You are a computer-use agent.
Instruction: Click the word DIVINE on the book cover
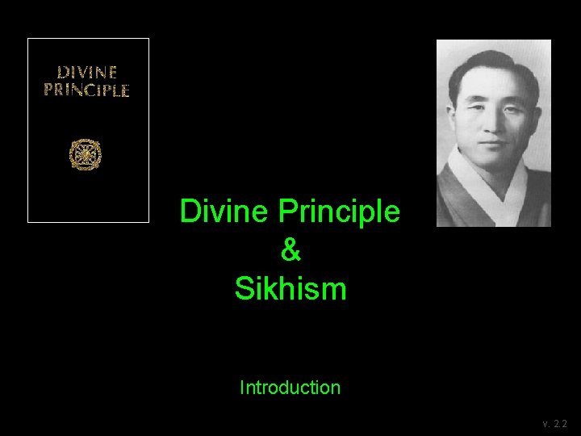coord(86,73)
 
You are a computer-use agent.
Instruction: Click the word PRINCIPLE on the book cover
coord(86,90)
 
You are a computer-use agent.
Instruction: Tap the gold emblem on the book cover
coord(85,153)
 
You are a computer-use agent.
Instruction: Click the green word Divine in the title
coord(225,212)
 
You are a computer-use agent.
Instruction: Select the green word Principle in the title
coord(339,212)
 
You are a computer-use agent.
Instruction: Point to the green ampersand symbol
coord(290,250)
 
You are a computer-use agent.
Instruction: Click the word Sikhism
coord(290,288)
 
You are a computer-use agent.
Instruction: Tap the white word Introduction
coord(290,388)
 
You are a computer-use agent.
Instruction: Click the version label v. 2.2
coord(555,424)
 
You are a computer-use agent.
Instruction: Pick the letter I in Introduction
coord(242,388)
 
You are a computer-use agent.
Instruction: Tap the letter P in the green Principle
coord(288,212)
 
